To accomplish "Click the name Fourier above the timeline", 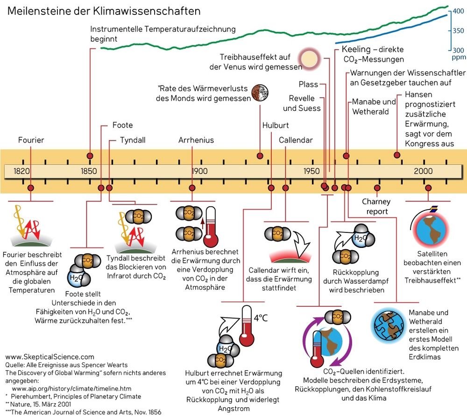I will click(x=31, y=140).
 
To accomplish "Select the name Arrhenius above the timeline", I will click(x=196, y=140).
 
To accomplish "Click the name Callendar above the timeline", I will click(x=296, y=140).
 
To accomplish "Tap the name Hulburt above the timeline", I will click(x=276, y=125).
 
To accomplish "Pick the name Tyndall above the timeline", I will click(x=133, y=140).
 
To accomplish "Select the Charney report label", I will click(x=376, y=206).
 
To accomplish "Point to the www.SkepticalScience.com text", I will click(x=50, y=356).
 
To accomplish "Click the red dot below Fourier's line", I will click(x=31, y=188).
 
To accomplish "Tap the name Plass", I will click(x=308, y=85).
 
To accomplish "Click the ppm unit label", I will click(x=458, y=58).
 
